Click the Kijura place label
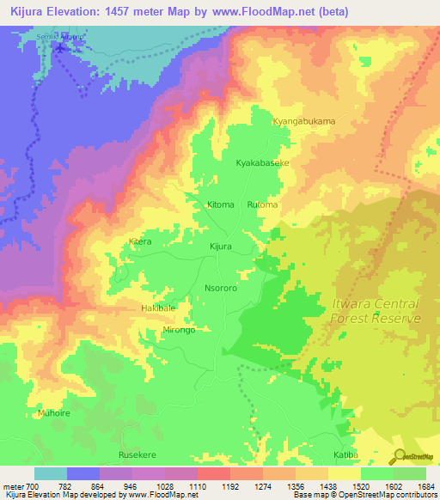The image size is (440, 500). pyautogui.click(x=222, y=247)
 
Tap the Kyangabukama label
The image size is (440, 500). pyautogui.click(x=303, y=121)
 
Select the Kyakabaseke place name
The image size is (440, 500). pyautogui.click(x=262, y=162)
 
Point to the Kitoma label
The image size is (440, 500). pyautogui.click(x=221, y=205)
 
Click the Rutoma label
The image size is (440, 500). pyautogui.click(x=262, y=205)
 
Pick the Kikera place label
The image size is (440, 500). pyautogui.click(x=139, y=242)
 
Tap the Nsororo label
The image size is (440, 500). pyautogui.click(x=221, y=289)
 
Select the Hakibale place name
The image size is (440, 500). pyautogui.click(x=157, y=308)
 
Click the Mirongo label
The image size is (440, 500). pyautogui.click(x=179, y=330)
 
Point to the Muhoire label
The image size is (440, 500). pyautogui.click(x=53, y=413)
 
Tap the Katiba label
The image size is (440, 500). pyautogui.click(x=345, y=454)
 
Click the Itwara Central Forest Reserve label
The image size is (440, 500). pyautogui.click(x=376, y=311)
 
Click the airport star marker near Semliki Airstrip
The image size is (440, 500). pyautogui.click(x=59, y=46)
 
